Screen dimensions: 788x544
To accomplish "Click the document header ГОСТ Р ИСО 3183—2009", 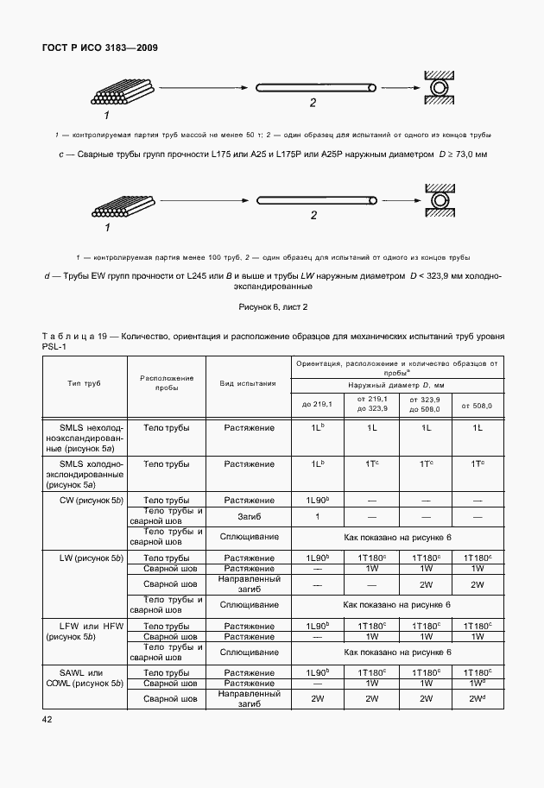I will [100, 47].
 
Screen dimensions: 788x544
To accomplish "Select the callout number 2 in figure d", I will [313, 216].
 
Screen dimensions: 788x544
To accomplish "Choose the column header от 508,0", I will [477, 404].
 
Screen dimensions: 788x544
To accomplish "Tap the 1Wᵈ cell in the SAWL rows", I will [477, 683].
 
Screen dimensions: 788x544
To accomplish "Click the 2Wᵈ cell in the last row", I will [477, 699].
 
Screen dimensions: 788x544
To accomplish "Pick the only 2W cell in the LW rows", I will [426, 583].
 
